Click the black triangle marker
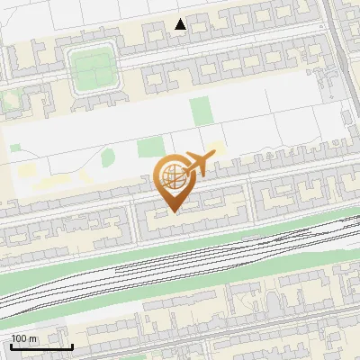[x=181, y=24]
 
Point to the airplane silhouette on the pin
[x=199, y=164]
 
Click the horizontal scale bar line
[x=41, y=347]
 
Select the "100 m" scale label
[x=24, y=338]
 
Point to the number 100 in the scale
[x=20, y=338]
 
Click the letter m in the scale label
[x=33, y=338]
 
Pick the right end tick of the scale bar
[x=72, y=346]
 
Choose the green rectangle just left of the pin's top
[x=149, y=148]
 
